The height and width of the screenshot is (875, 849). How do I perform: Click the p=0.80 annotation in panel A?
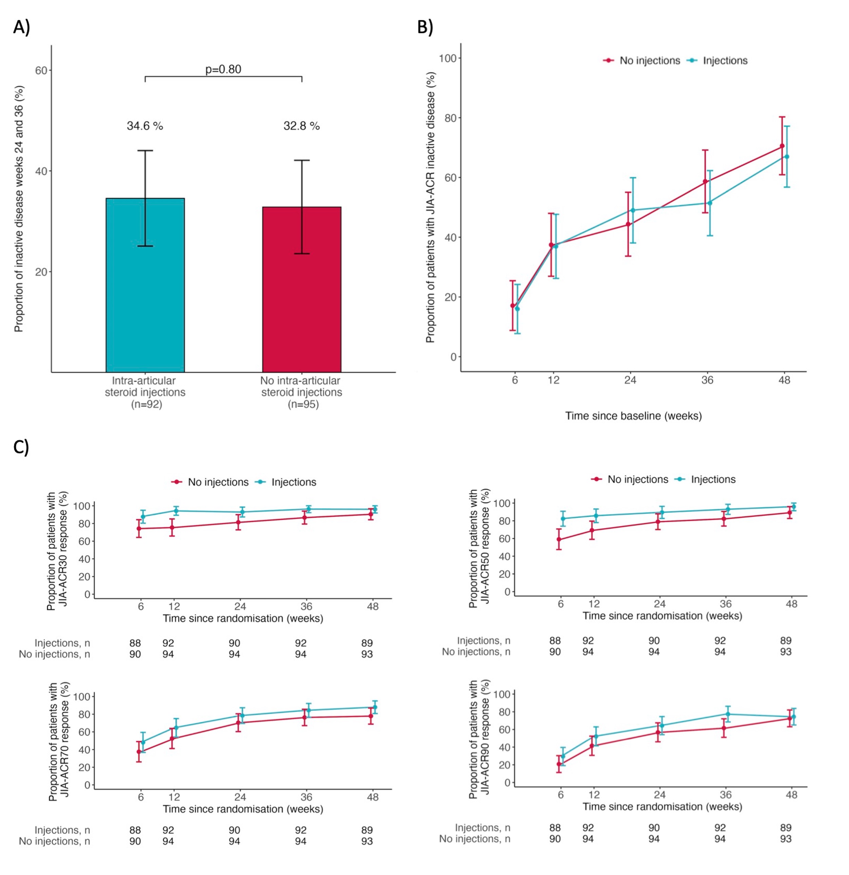pyautogui.click(x=223, y=70)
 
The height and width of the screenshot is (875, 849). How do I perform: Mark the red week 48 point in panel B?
pyautogui.click(x=782, y=146)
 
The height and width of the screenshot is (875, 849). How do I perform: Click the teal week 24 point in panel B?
pyautogui.click(x=633, y=210)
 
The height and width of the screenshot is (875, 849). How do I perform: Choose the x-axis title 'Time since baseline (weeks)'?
pyautogui.click(x=633, y=416)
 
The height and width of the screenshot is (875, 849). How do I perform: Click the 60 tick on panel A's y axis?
pyautogui.click(x=41, y=71)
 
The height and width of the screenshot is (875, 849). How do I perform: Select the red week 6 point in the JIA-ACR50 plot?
pyautogui.click(x=559, y=539)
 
